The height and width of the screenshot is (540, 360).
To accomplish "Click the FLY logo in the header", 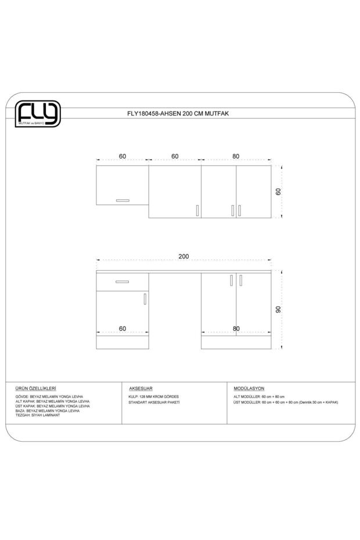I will tap(37, 114).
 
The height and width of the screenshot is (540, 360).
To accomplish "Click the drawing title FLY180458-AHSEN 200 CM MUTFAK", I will tap(178, 114).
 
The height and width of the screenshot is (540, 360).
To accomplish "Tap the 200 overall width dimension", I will tap(183, 256).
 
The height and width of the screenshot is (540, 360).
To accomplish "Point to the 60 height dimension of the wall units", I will tap(278, 192).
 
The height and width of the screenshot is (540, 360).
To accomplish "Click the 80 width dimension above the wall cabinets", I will tap(236, 156).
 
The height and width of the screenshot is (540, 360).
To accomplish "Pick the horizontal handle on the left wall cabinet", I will tap(122, 200).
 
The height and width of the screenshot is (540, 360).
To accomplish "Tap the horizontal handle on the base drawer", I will tap(122, 282).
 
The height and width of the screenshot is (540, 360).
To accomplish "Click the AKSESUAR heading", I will tap(141, 387).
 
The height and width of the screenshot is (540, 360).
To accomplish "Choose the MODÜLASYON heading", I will tap(249, 387).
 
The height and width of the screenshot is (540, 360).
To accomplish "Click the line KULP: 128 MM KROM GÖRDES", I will tap(154, 397).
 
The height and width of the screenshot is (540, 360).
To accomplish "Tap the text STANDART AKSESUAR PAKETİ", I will tap(154, 402).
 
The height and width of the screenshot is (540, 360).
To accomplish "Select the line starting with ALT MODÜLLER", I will tap(259, 397).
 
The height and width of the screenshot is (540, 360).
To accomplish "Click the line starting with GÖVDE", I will tap(49, 397).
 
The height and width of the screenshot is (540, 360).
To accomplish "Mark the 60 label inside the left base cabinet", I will tap(123, 329).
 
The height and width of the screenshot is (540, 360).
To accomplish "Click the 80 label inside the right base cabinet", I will tap(236, 329).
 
